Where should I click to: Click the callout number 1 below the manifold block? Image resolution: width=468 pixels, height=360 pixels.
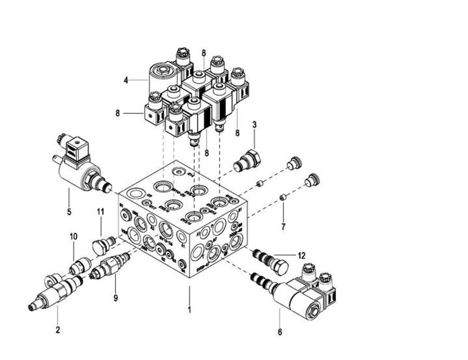pyautogui.click(x=190, y=310)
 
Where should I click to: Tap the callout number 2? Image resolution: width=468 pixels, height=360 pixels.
pyautogui.click(x=58, y=329)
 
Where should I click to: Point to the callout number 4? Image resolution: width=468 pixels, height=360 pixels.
pyautogui.click(x=126, y=80)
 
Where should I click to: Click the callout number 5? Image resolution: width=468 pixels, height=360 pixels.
pyautogui.click(x=69, y=212)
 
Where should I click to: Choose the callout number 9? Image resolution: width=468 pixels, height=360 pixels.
pyautogui.click(x=115, y=298)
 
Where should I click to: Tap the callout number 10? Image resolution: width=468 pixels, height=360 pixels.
pyautogui.click(x=74, y=236)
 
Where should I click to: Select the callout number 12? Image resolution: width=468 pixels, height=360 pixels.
pyautogui.click(x=301, y=255)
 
